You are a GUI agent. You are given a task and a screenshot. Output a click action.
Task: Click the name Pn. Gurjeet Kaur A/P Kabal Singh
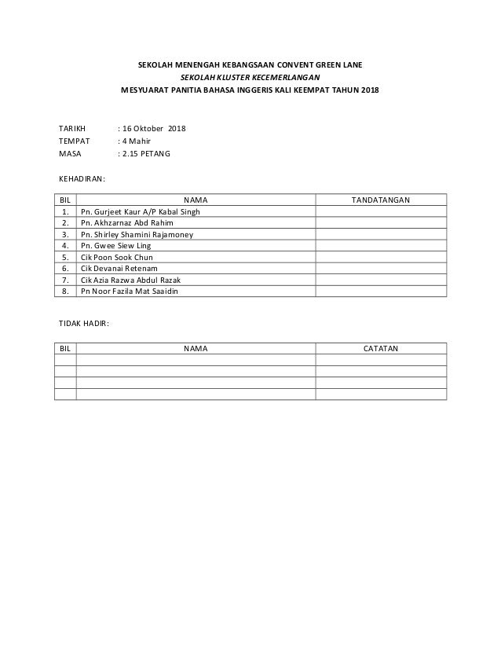click(x=141, y=212)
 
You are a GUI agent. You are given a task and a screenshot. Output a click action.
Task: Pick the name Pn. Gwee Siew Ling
click(x=116, y=246)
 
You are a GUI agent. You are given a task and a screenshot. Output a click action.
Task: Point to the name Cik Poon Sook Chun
click(x=117, y=257)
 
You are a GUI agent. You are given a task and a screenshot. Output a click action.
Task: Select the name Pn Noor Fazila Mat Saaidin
click(x=130, y=291)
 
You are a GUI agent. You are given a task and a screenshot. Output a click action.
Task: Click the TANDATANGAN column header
click(x=380, y=200)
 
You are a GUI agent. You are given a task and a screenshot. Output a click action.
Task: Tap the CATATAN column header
click(x=380, y=348)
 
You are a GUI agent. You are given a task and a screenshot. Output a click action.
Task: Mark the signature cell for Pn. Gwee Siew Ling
click(x=380, y=246)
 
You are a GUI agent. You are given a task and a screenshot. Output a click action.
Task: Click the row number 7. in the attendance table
click(x=64, y=280)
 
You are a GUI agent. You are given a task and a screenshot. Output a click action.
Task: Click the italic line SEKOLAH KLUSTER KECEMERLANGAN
click(x=251, y=78)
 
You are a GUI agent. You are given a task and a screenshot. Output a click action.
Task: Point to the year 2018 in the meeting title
click(x=368, y=91)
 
